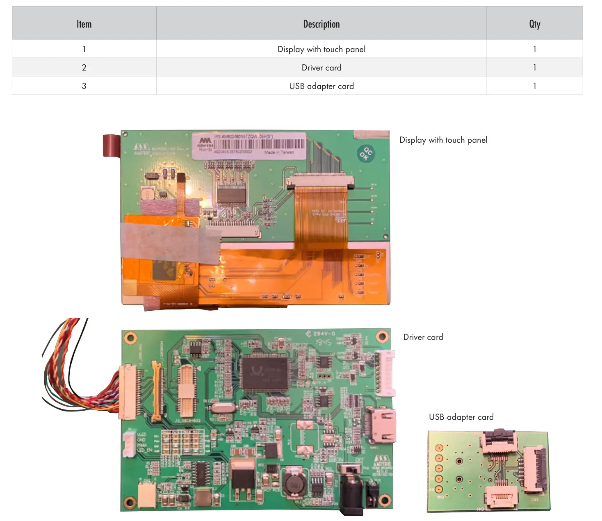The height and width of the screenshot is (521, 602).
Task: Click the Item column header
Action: click(x=84, y=24)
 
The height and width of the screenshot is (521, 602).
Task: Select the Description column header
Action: click(x=321, y=24)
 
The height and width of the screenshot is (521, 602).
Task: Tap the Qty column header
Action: click(x=534, y=24)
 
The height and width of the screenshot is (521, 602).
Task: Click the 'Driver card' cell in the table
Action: click(x=321, y=68)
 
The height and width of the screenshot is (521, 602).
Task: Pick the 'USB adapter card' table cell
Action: click(x=321, y=86)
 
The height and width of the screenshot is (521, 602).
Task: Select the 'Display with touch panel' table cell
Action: click(x=321, y=49)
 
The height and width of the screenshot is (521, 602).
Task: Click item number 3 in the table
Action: click(x=84, y=86)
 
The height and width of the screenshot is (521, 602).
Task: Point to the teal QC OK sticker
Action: click(x=365, y=154)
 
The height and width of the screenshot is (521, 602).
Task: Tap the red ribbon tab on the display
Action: click(x=111, y=145)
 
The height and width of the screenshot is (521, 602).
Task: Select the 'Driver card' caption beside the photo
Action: click(x=423, y=337)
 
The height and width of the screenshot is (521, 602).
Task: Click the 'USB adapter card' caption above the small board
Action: click(x=461, y=417)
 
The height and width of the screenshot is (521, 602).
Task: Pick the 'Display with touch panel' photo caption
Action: click(x=443, y=140)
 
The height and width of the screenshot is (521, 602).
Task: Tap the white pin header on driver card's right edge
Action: click(x=386, y=373)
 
